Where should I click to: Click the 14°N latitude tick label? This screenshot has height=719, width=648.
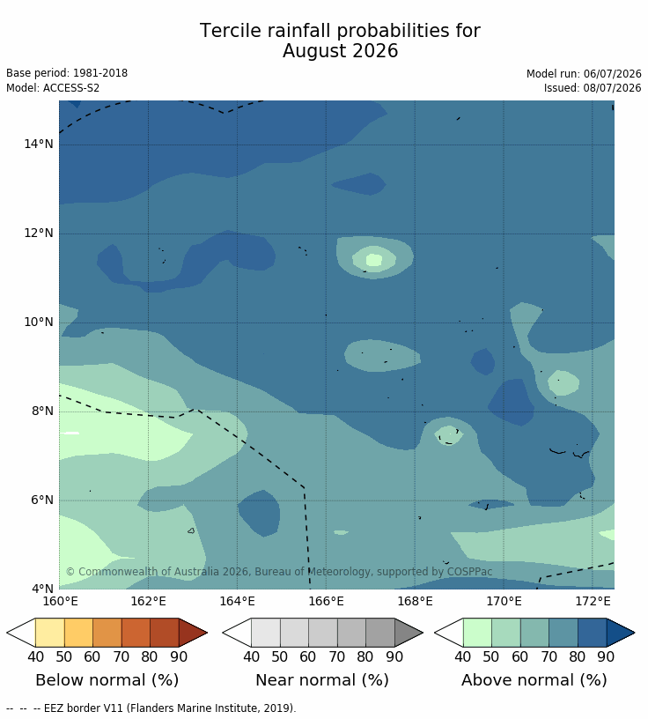tap(39, 144)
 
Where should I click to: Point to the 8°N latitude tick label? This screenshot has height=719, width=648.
tap(42, 411)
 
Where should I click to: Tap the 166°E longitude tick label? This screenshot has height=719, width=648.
tap(326, 601)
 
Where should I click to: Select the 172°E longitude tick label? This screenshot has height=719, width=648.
tap(593, 601)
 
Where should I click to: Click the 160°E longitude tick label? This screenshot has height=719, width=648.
tap(60, 601)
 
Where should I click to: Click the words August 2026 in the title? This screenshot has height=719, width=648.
tap(340, 51)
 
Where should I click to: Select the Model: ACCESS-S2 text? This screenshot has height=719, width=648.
tap(53, 87)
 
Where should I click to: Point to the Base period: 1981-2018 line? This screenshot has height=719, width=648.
tap(67, 73)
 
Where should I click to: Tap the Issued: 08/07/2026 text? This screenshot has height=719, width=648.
tap(593, 87)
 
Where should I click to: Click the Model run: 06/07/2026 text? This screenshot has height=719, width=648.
tap(584, 74)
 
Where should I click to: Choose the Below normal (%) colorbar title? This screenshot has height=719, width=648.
tap(107, 680)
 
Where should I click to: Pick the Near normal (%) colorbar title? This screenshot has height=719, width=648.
tap(322, 680)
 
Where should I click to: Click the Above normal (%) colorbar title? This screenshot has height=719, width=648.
tap(534, 680)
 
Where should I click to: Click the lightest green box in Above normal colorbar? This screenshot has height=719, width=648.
tap(477, 633)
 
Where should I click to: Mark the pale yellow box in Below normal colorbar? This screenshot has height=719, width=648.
tap(50, 633)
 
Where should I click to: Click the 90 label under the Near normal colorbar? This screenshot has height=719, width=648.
tap(394, 656)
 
